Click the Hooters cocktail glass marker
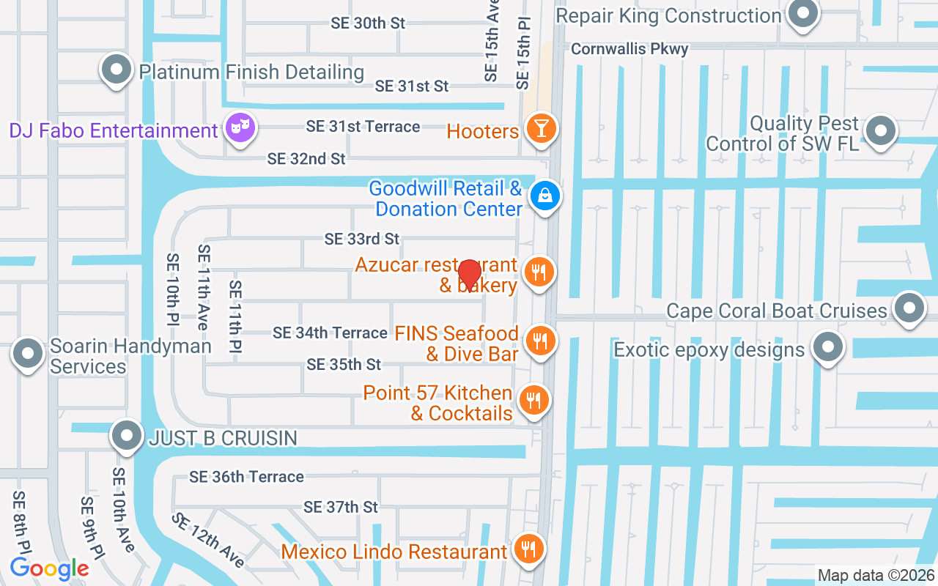pos(541,128)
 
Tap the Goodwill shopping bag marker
pos(546,196)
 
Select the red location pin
pos(469,275)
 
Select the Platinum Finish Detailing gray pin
pos(117,70)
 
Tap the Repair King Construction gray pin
pos(803,13)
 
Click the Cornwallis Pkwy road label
pos(629,49)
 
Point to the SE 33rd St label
pos(362,239)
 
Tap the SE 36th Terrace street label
pos(246,477)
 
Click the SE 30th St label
pos(368,23)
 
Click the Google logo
pos(49,568)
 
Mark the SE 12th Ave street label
pos(209,540)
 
